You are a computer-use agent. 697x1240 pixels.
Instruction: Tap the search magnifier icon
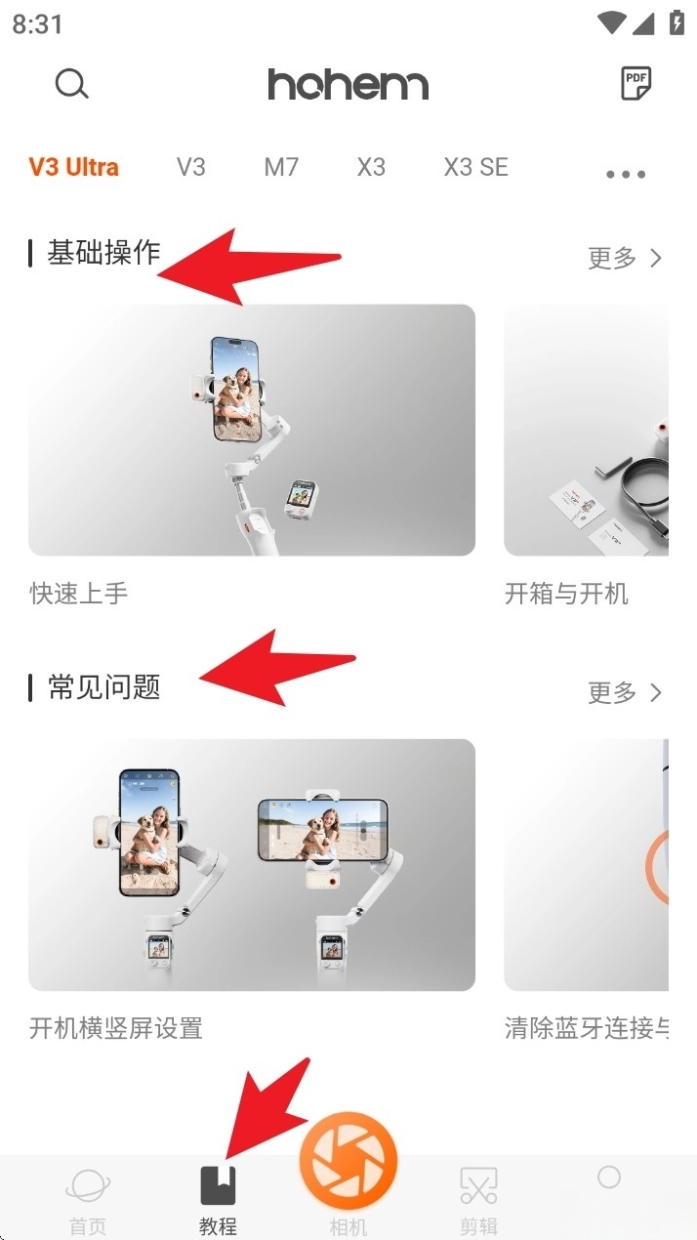pos(71,84)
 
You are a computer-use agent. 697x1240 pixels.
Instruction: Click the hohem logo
pos(348,85)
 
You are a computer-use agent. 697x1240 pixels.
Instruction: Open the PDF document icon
pos(636,83)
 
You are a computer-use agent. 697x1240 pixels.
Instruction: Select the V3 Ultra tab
pos(73,167)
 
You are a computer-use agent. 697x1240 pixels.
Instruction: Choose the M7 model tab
pos(281,167)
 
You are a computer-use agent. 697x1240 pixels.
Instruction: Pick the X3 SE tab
pos(476,167)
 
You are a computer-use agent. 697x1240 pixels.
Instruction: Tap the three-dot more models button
pos(626,175)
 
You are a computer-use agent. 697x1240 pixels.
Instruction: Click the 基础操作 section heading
pos(103,253)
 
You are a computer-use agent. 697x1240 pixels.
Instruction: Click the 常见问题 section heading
pos(104,687)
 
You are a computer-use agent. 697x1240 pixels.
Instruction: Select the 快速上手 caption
pos(79,594)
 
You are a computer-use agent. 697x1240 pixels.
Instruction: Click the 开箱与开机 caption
pos(566,594)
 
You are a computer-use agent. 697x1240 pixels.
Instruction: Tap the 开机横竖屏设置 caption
pos(116,1028)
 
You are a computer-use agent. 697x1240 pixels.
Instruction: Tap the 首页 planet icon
pos(88,1185)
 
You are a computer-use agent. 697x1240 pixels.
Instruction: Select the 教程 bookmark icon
pos(218,1185)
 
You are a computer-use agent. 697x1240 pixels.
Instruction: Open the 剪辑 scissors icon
pos(478,1185)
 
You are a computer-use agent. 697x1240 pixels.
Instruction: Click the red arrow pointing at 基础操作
pos(249,266)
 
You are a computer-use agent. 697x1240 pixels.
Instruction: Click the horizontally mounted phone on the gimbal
pos(323,829)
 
